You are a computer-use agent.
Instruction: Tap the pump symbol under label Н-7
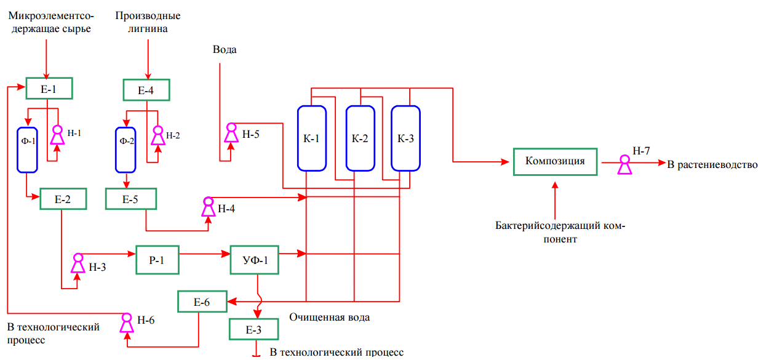point(625,165)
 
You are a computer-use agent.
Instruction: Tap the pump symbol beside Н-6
point(127,323)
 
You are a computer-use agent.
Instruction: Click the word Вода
point(225,50)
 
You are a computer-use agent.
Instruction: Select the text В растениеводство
point(712,165)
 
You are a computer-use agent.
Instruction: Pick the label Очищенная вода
point(330,318)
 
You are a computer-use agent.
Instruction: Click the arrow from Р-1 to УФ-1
point(205,254)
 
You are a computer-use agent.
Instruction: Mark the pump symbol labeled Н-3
point(78,263)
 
